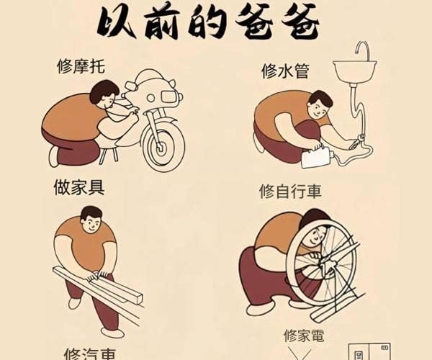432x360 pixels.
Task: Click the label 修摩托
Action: (81, 66)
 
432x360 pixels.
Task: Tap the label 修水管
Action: (285, 71)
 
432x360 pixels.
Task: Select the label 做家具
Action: (79, 187)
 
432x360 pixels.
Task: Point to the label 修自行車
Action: (290, 191)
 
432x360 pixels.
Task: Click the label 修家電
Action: (304, 336)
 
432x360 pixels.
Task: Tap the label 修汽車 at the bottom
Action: (89, 354)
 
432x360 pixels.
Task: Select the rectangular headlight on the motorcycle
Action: (168, 96)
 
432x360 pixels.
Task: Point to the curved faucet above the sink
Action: (361, 51)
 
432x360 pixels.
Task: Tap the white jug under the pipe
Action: (317, 157)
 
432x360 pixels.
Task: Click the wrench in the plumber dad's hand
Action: (357, 141)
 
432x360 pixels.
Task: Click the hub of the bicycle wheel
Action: (325, 264)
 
